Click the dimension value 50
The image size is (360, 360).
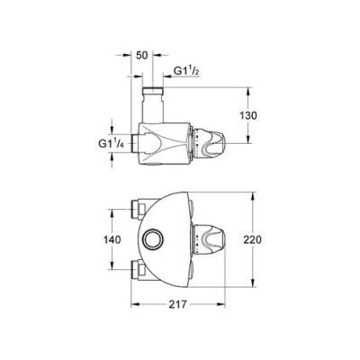click(x=140, y=55)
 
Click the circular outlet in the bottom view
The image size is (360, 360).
click(x=151, y=240)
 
